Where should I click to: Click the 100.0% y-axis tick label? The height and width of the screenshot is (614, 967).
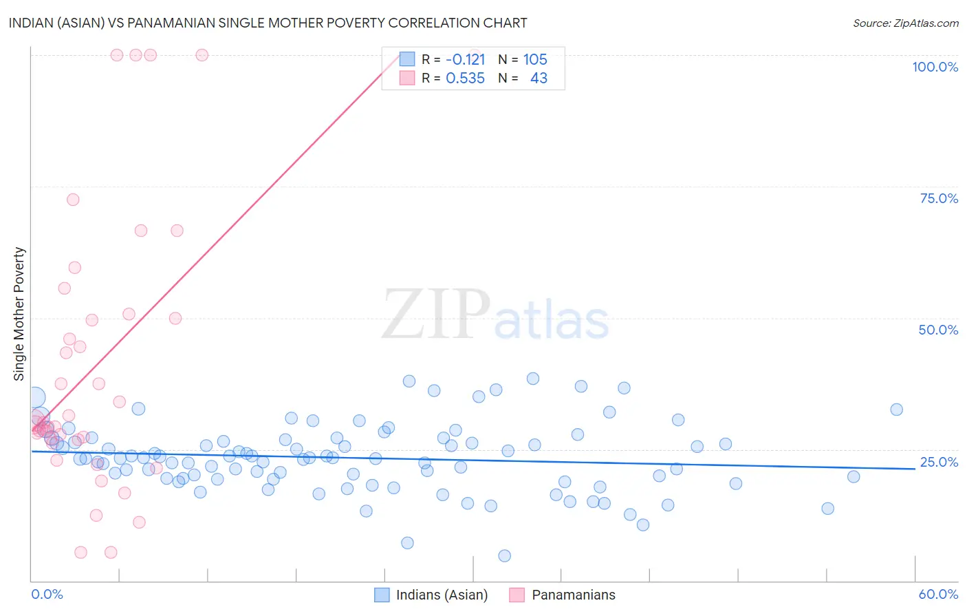click(935, 67)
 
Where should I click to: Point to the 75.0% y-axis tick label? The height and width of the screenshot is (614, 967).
click(939, 198)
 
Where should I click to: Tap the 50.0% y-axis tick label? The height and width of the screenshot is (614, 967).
click(938, 330)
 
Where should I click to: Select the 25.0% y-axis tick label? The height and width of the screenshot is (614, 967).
click(939, 462)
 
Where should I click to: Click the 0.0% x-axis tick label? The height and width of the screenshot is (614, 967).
click(47, 594)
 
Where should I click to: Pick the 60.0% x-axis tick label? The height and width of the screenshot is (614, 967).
click(938, 594)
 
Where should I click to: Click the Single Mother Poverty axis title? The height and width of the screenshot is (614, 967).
click(19, 314)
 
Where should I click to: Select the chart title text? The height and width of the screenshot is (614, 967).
click(268, 23)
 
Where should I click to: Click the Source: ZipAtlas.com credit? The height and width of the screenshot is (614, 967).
click(905, 23)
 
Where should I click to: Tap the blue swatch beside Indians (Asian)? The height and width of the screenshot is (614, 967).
click(382, 595)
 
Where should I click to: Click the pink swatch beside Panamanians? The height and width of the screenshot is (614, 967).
click(517, 595)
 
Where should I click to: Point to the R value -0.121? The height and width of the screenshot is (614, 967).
click(466, 60)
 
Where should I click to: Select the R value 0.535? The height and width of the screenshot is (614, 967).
click(466, 78)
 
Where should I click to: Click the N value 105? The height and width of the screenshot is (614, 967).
click(535, 60)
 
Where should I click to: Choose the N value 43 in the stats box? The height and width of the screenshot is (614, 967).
click(539, 78)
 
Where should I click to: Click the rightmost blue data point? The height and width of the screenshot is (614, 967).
click(896, 410)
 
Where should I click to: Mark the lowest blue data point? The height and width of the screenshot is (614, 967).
click(504, 556)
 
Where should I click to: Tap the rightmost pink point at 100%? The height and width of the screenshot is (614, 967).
click(202, 55)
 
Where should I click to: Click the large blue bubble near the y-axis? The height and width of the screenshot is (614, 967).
click(36, 397)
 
